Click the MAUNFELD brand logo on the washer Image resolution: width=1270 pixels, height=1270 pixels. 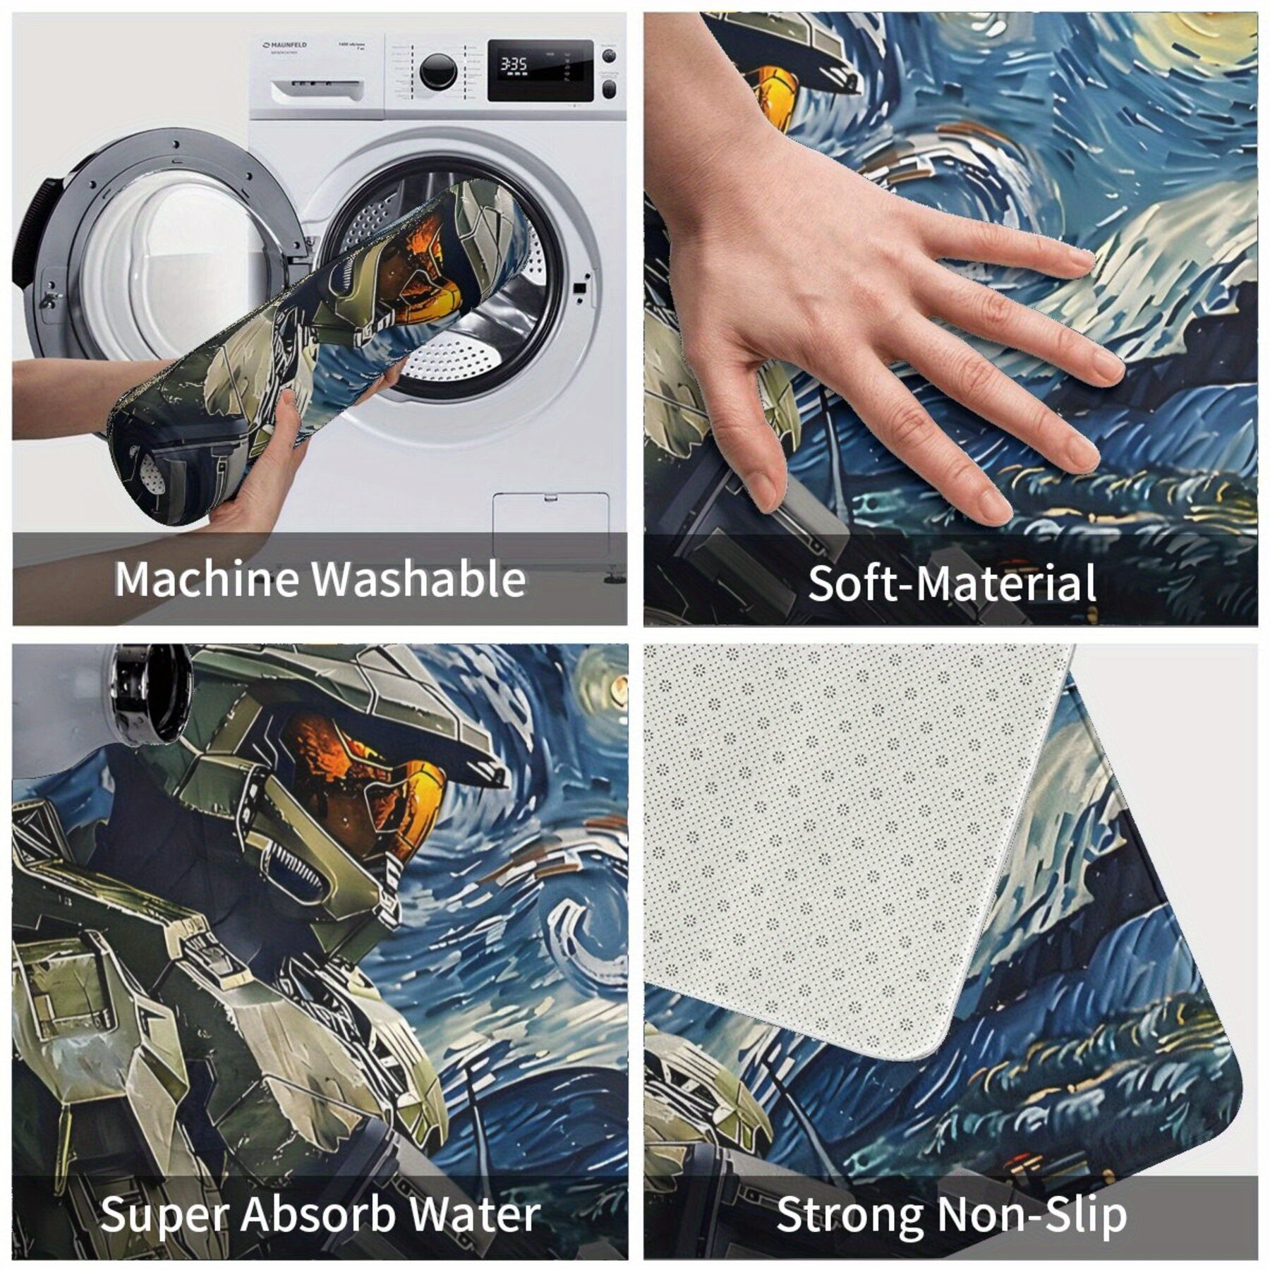pyautogui.click(x=285, y=45)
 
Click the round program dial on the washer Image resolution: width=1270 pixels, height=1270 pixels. pyautogui.click(x=437, y=71)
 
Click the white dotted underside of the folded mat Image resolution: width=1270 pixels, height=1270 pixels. pyautogui.click(x=847, y=847)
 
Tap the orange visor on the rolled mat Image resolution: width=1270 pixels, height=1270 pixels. pyautogui.click(x=423, y=275)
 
